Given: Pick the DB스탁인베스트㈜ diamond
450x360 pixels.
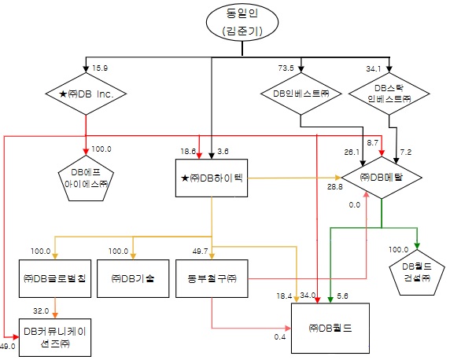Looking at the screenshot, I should (x=389, y=95).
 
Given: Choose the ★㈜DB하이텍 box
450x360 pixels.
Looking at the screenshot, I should (x=212, y=178).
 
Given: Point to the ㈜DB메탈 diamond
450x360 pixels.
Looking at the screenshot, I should (x=382, y=178).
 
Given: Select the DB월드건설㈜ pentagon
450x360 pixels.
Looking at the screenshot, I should (x=417, y=270).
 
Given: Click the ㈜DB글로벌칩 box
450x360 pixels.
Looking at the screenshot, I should (x=54, y=279).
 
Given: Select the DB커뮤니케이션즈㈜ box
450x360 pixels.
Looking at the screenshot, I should (x=54, y=336).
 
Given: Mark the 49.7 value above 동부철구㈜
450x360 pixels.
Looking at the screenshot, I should (x=200, y=251).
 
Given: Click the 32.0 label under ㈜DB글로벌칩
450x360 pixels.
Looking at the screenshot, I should (x=40, y=310).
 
